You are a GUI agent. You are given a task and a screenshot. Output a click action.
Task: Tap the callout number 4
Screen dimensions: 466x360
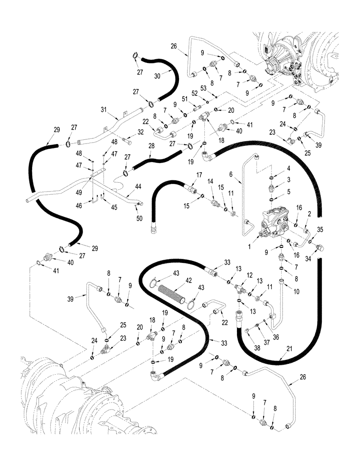click(x=289, y=168)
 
